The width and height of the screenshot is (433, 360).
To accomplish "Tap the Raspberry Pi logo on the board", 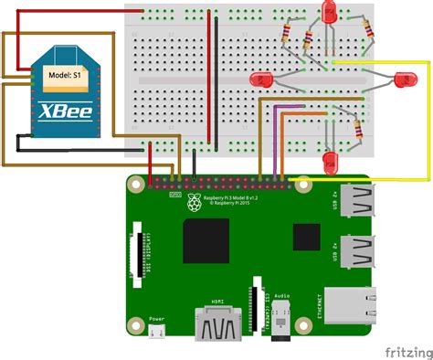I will point(193,200).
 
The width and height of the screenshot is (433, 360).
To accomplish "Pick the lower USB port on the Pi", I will point(358,252).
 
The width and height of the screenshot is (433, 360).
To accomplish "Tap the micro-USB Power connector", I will point(157,331).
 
